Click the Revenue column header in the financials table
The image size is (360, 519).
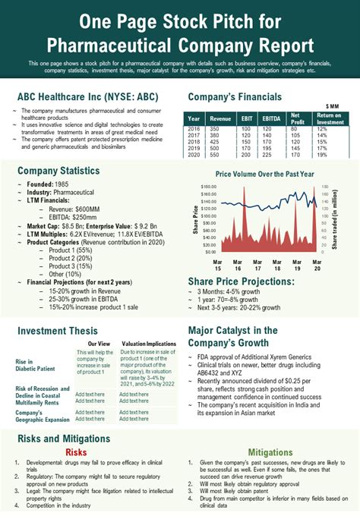(220, 118)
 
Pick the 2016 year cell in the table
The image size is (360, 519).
(194, 129)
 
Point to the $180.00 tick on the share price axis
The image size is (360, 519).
(208, 186)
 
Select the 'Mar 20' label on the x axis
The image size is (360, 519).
(317, 265)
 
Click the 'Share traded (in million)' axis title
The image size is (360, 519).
(334, 220)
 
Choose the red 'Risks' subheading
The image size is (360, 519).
(77, 452)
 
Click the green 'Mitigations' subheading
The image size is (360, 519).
(270, 452)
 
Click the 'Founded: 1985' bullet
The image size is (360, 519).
(50, 184)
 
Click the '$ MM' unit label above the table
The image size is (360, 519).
(332, 106)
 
